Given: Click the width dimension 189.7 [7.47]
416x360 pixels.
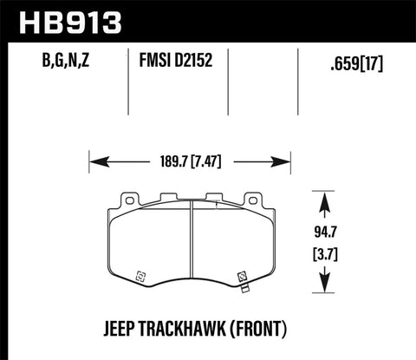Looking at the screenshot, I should click(189, 160).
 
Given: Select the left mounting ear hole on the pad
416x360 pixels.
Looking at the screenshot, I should click(130, 201).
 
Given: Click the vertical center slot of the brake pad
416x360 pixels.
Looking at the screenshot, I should click(190, 252).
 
